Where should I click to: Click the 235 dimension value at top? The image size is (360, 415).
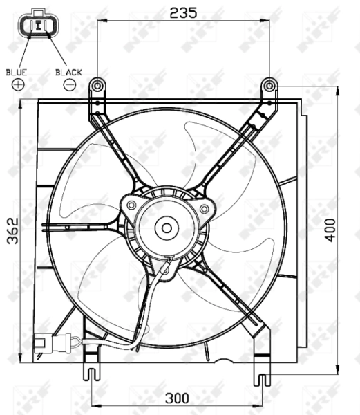point(183,12)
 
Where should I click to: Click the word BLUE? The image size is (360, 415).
point(17,71)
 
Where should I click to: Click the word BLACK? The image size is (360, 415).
point(69,71)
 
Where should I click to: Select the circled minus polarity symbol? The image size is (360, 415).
point(69,84)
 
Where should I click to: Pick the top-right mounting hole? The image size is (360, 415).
point(269,85)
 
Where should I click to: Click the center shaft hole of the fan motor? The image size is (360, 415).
point(167,226)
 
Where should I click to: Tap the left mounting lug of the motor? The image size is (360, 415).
point(131,205)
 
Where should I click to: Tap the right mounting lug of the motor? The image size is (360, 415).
point(203,207)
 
